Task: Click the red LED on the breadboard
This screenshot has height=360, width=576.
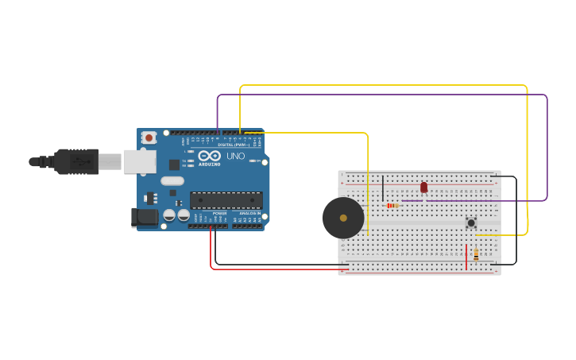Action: point(423,188)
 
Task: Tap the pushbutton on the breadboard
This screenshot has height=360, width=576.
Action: point(471,223)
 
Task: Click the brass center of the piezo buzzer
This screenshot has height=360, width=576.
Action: point(343,218)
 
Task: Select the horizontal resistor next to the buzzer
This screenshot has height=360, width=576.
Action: point(392,206)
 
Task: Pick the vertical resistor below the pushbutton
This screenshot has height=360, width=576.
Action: point(476,254)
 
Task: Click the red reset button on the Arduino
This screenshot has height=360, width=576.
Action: point(149,137)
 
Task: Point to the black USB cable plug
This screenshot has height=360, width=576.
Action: point(75,161)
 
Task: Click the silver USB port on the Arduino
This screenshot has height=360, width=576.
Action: point(139,161)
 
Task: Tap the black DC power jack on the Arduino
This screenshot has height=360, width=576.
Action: point(144,216)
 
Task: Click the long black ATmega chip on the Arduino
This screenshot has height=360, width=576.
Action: point(226,199)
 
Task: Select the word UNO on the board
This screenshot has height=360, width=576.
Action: point(236,157)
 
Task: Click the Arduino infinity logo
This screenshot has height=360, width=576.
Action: point(209,156)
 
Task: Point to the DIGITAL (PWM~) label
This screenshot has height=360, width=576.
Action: point(234,145)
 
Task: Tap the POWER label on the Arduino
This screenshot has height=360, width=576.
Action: point(219,214)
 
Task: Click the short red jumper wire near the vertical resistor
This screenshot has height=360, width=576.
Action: point(466,257)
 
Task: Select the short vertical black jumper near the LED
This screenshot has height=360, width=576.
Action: point(383,188)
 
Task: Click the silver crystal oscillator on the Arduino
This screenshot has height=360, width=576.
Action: point(172,180)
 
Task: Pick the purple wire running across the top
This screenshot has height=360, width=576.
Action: point(381,95)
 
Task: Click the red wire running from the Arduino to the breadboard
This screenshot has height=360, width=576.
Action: point(278,269)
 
